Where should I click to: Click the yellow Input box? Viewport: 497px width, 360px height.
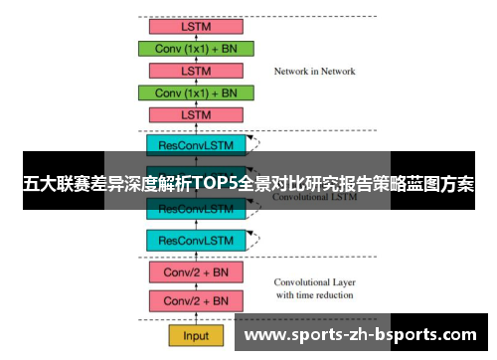click(x=197, y=334)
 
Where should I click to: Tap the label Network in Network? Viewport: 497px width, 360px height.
click(x=314, y=72)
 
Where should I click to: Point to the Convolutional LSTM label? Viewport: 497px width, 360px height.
click(x=315, y=197)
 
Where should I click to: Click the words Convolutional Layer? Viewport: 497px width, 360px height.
click(x=315, y=281)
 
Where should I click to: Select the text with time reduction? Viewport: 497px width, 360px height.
click(x=315, y=295)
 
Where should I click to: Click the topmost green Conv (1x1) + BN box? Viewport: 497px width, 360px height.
click(x=197, y=48)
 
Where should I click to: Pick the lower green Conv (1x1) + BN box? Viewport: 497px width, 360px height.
click(x=197, y=92)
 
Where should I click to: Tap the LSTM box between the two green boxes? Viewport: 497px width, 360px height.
click(x=197, y=70)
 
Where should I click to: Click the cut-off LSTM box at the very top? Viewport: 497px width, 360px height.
click(x=197, y=26)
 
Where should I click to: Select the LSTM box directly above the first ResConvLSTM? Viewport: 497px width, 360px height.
click(x=197, y=115)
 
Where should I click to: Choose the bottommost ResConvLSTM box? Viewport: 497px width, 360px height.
click(x=197, y=241)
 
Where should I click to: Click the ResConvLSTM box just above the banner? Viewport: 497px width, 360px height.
click(x=197, y=145)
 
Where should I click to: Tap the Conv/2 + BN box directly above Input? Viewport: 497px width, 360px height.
click(x=197, y=300)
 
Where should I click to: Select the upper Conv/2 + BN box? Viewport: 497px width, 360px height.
click(x=197, y=271)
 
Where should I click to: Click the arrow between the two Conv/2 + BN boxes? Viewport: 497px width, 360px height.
click(x=197, y=286)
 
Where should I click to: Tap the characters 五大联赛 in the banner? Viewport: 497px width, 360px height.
click(x=56, y=185)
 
